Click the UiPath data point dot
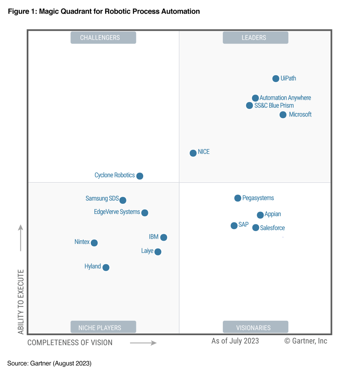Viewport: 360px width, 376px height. click(276, 78)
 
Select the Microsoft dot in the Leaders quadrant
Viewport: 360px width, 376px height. click(283, 115)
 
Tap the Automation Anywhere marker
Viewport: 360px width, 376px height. click(255, 98)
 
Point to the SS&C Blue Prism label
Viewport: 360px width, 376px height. click(274, 106)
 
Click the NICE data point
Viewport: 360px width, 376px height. click(193, 153)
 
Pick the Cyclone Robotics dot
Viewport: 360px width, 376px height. click(140, 176)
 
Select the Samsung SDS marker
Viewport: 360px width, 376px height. click(123, 200)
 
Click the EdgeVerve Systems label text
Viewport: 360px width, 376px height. click(117, 212)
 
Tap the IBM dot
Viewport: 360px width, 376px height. click(164, 237)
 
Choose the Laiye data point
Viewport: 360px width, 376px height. click(158, 252)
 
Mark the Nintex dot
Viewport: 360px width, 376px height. click(94, 243)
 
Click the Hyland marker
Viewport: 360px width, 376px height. click(106, 267)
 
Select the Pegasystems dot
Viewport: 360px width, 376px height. click(238, 198)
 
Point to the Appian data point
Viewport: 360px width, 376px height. click(260, 215)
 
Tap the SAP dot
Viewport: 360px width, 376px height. click(234, 226)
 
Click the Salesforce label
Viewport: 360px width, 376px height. click(272, 228)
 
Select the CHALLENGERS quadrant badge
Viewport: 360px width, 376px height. click(103, 38)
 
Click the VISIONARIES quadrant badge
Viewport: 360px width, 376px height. click(255, 327)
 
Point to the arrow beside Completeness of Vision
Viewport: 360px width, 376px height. click(143, 343)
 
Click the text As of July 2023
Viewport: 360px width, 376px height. click(235, 341)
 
